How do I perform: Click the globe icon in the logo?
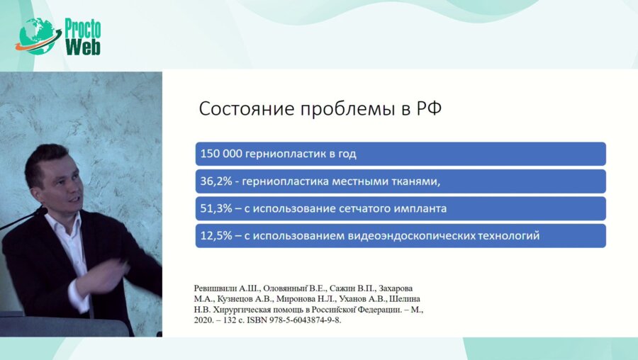38,36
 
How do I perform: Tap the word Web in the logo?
83,47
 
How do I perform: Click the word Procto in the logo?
83,28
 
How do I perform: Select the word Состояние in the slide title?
247,108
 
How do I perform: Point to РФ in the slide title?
428,108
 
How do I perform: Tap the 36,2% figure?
216,181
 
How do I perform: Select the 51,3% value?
216,208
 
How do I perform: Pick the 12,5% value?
216,235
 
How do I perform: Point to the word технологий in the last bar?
508,236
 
